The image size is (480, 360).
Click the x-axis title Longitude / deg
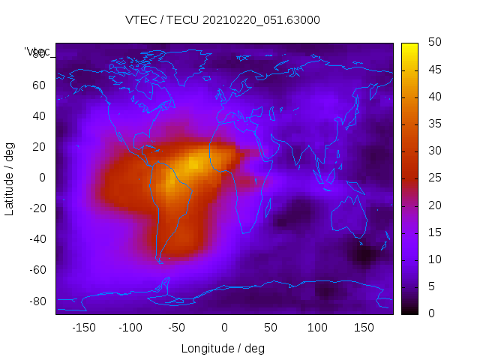pos(223,349)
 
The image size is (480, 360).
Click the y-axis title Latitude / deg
pos(10,178)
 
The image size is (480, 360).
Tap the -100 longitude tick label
pos(130,328)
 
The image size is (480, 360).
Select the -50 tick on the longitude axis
pos(177,328)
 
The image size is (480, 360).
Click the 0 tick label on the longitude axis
pos(224,328)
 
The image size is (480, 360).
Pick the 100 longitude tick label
pos(317,328)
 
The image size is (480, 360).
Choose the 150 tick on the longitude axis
pos(364,328)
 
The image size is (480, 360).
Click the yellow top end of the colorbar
pos(409,46)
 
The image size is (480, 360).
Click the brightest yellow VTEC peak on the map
pos(194,162)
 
